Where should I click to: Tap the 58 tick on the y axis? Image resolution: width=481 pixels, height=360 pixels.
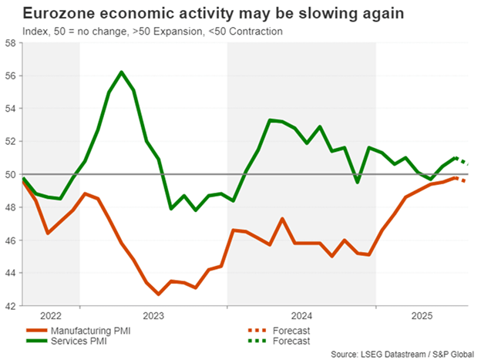coord(11,43)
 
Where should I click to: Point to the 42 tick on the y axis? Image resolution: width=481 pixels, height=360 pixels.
coord(11,306)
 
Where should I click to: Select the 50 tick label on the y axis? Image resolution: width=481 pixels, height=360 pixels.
coord(11,174)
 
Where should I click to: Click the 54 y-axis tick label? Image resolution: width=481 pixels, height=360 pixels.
coord(11,109)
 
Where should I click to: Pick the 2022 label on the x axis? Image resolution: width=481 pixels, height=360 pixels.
coord(51,315)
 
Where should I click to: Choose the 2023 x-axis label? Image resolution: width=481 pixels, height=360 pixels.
coord(153,315)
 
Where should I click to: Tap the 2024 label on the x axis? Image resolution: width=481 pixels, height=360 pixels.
coord(301,315)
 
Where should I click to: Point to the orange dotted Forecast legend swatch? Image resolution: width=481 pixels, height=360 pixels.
coord(252,330)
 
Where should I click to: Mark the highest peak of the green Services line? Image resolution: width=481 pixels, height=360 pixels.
coord(122,72)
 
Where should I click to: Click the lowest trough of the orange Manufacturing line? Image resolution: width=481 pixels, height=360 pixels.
coord(159,294)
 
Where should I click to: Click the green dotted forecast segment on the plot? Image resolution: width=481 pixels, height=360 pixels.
coord(464,160)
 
